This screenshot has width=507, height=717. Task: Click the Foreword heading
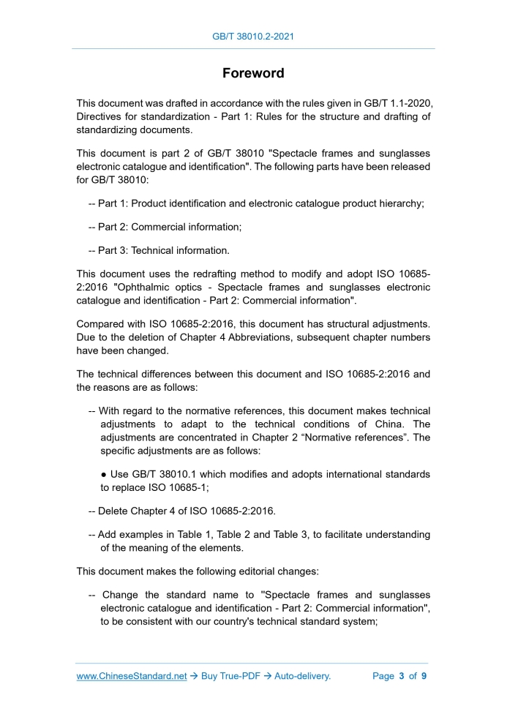(x=253, y=74)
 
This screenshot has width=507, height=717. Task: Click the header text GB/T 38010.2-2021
(x=253, y=36)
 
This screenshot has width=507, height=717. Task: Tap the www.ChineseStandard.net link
(x=132, y=676)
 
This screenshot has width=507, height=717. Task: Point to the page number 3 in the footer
(x=402, y=676)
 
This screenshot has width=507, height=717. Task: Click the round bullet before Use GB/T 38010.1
(x=105, y=475)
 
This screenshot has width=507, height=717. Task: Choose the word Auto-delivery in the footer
(x=302, y=676)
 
